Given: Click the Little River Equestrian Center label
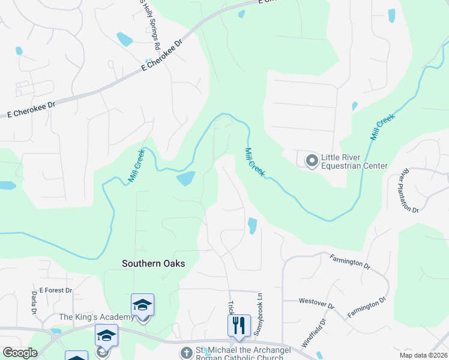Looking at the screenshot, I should [x=354, y=161].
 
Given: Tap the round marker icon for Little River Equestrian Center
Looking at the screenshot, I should [x=312, y=161].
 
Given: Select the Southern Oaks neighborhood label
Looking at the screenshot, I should [x=153, y=263].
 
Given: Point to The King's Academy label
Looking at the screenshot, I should [x=97, y=317].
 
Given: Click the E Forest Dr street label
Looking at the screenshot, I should [x=56, y=290].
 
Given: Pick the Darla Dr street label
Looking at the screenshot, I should [x=34, y=302].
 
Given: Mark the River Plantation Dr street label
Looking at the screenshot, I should [x=411, y=190].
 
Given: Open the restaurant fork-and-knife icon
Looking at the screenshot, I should [x=239, y=325].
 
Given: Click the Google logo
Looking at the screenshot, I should [x=20, y=353].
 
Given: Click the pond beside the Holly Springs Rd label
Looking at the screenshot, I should [x=124, y=39].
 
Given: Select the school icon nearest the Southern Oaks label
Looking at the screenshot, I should [x=143, y=305].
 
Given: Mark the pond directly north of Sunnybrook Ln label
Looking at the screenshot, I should [x=252, y=226].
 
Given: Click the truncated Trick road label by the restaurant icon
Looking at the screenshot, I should [x=230, y=307].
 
